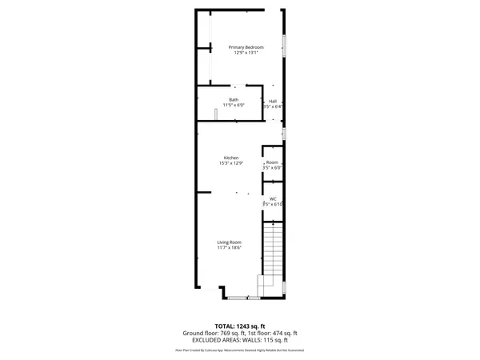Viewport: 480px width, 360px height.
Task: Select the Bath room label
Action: (234, 100)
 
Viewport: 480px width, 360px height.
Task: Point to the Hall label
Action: (273, 101)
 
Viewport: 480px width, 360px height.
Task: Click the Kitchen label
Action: (231, 158)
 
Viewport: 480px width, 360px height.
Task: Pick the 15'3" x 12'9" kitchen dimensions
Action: (231, 163)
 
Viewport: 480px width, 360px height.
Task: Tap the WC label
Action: (273, 199)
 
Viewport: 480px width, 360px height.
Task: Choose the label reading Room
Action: (273, 162)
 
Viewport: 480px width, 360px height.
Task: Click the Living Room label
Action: (230, 242)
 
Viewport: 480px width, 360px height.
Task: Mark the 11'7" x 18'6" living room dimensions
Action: (230, 248)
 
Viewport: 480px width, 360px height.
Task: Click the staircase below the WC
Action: (274, 248)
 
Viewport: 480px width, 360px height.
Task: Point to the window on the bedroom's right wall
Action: (283, 46)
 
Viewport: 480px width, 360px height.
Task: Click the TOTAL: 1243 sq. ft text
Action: (239, 326)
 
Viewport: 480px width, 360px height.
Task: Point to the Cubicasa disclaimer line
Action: (239, 350)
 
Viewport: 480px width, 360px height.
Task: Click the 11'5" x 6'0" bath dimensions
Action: (234, 106)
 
